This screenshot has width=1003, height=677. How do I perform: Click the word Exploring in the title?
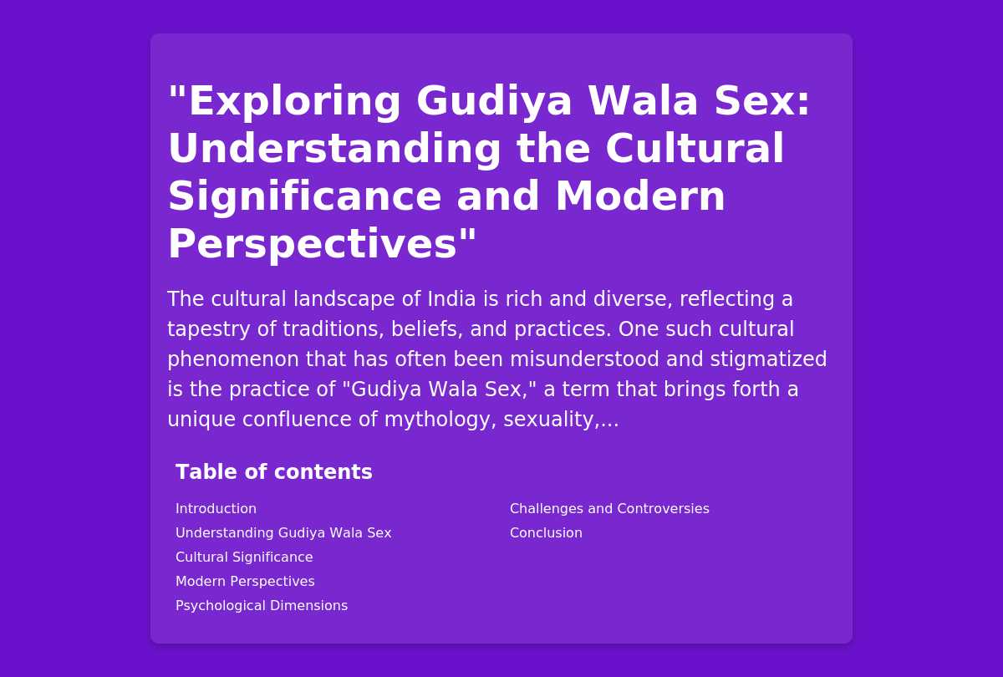294,102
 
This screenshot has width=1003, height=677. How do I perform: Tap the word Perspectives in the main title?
312,244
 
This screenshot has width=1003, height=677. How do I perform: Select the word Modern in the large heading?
640,196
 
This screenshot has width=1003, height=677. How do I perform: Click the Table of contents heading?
274,472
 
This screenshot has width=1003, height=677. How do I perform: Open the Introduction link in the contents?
216,509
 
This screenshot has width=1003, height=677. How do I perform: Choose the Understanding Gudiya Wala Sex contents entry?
283,533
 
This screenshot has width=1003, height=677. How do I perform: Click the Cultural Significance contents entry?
244,557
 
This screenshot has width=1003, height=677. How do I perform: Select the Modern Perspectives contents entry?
245,581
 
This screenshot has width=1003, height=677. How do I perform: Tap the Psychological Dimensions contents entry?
262,605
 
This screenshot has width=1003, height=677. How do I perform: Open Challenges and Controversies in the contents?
609,509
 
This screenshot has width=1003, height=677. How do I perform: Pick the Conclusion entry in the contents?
546,533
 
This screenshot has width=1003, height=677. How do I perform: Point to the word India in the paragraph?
451,299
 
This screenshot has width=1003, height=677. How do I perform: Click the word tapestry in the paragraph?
209,330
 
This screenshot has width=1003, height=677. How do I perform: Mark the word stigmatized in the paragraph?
768,359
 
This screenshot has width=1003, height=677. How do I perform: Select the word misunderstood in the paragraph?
584,359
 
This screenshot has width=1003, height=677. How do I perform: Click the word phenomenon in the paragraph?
233,360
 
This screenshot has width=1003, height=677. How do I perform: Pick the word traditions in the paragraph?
333,329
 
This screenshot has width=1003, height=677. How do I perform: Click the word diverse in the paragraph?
634,299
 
